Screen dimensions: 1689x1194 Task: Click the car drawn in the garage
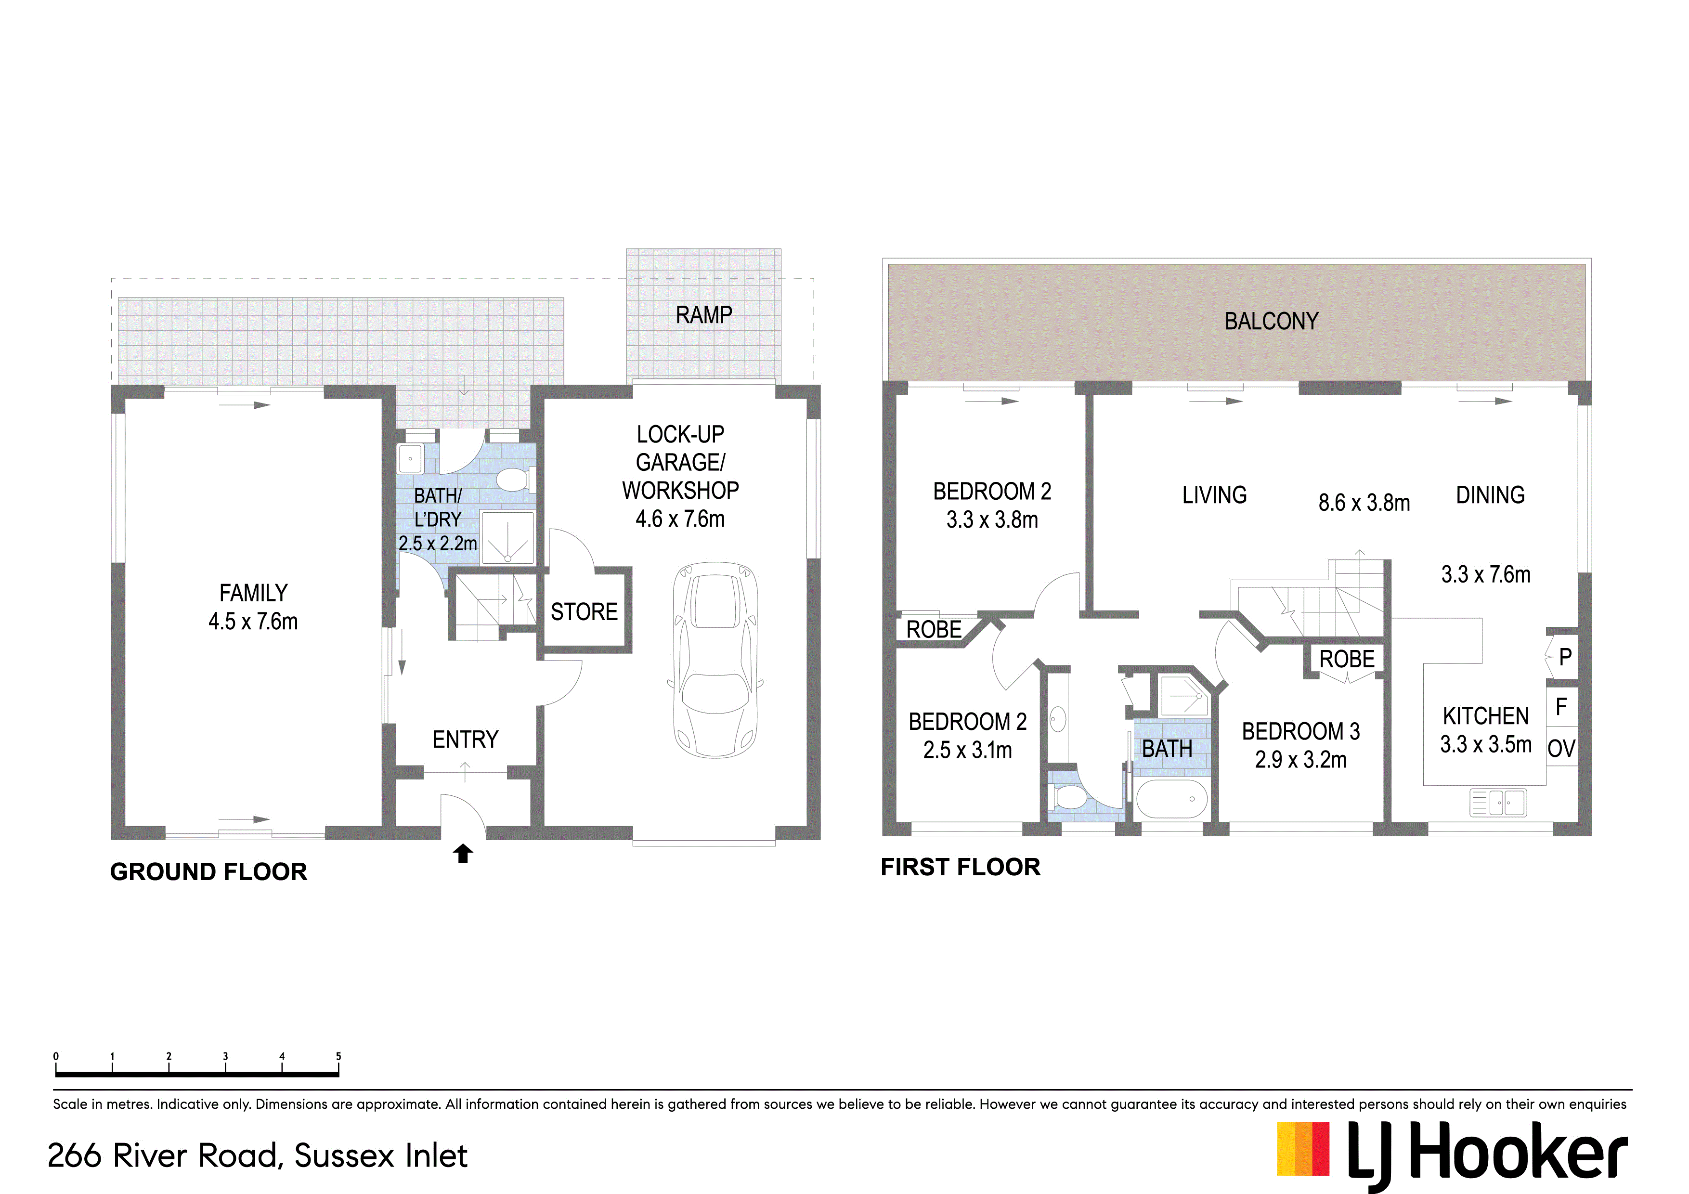click(x=715, y=660)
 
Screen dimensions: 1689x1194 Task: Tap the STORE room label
click(x=584, y=611)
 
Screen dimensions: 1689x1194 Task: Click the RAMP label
click(x=704, y=315)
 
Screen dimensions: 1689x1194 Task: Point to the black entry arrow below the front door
click(x=463, y=854)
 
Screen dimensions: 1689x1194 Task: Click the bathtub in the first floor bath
click(x=1171, y=798)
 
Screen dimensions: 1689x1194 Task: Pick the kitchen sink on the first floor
click(x=1498, y=802)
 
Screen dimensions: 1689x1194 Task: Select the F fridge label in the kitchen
click(x=1561, y=707)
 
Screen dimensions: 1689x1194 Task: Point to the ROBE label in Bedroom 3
click(x=1347, y=659)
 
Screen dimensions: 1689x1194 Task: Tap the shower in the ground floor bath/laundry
click(x=507, y=538)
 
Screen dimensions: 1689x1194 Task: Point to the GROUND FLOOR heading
click(x=208, y=872)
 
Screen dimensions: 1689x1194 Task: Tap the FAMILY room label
click(x=253, y=593)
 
